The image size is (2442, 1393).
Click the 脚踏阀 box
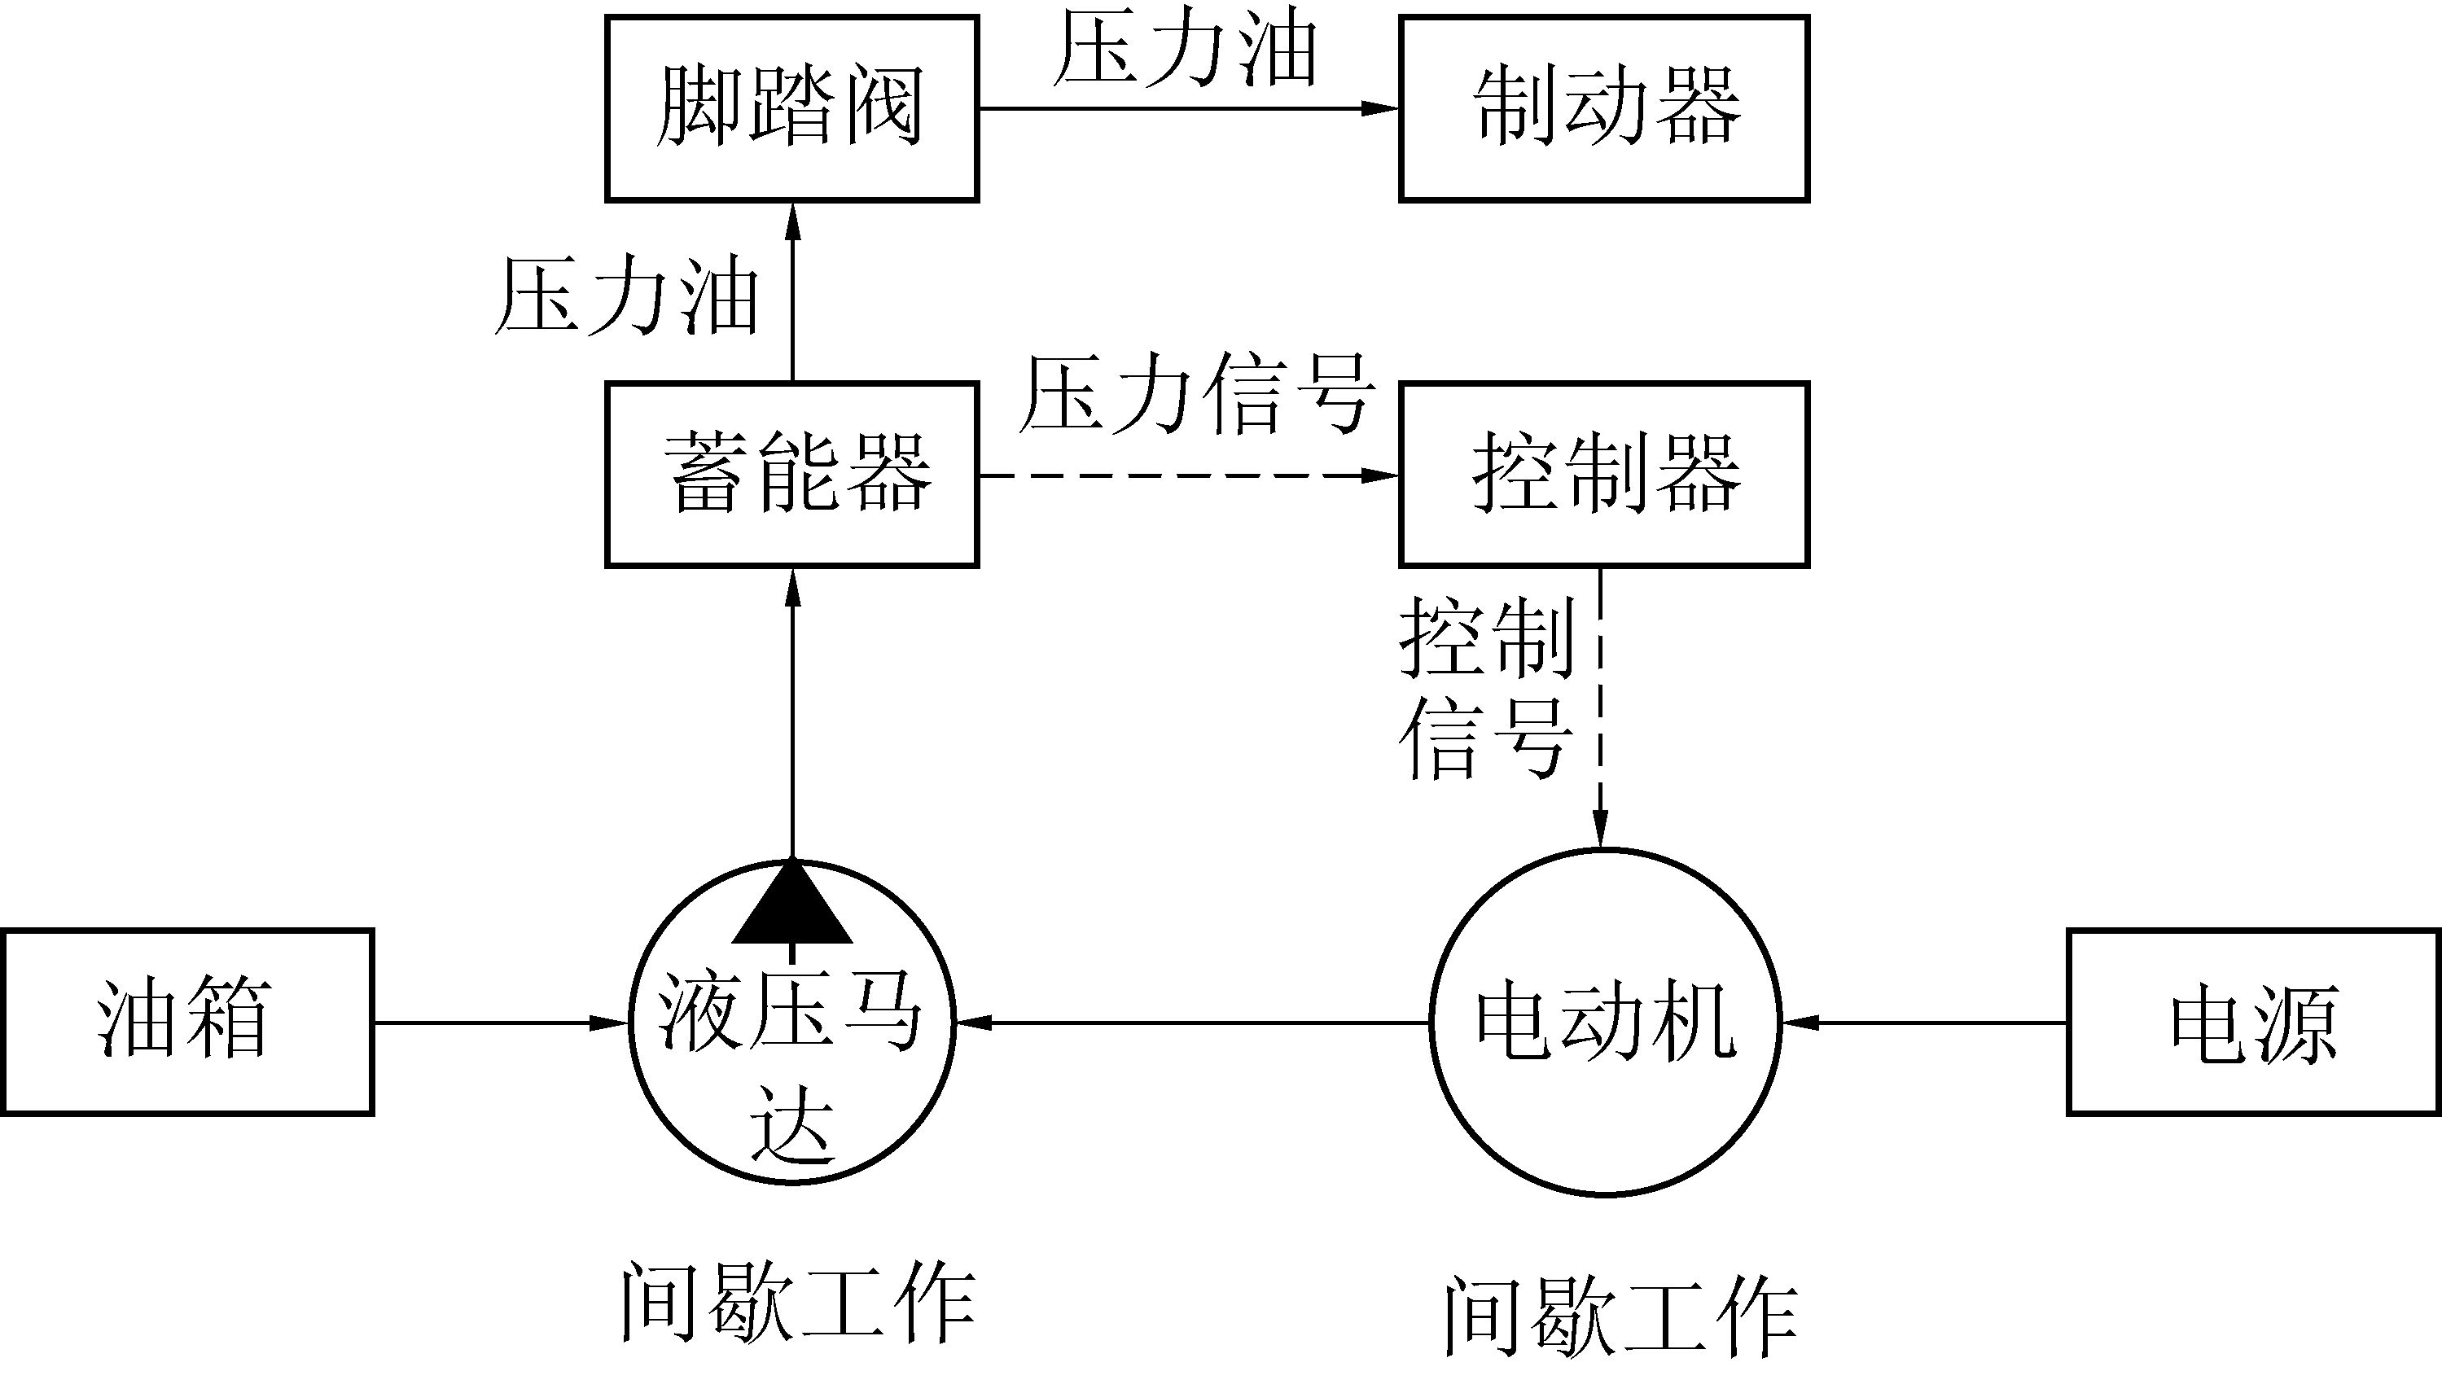791,108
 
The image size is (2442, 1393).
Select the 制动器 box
1604,108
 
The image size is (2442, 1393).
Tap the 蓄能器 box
791,475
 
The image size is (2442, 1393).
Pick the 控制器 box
1604,475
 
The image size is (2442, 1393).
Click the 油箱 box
186,1022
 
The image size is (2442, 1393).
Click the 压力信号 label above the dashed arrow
1196,395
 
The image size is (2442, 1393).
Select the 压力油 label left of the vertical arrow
627,296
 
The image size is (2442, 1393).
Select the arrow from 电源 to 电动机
1923,1023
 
